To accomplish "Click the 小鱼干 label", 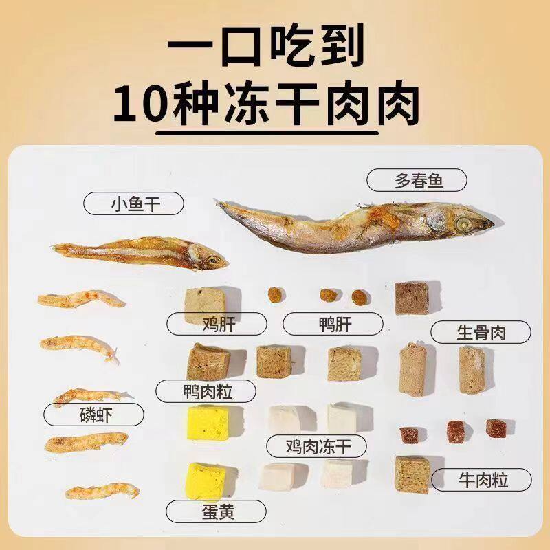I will (x=124, y=203).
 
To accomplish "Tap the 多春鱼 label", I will (x=417, y=181).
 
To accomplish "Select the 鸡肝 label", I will (x=206, y=323).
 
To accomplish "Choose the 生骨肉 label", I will (x=481, y=333).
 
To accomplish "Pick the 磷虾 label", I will (x=93, y=415).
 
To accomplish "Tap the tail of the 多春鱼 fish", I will (x=227, y=206).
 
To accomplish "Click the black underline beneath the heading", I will (x=268, y=133).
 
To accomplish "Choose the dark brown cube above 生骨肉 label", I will (x=410, y=298).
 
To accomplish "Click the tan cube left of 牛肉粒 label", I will (x=412, y=474).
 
